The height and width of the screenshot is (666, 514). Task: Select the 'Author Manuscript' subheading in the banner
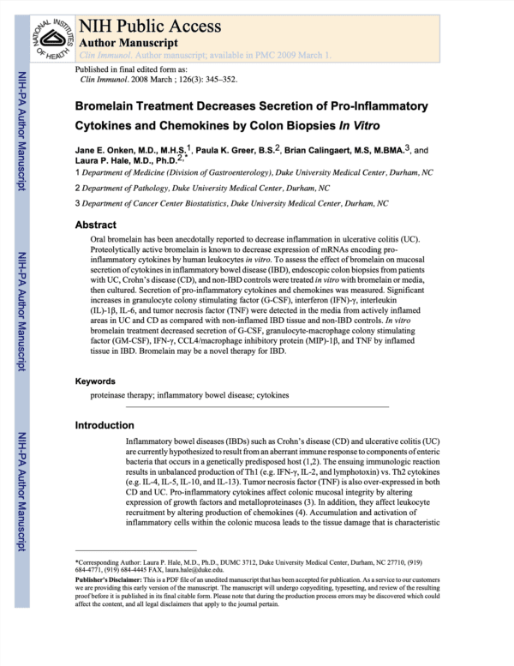pos(128,41)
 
